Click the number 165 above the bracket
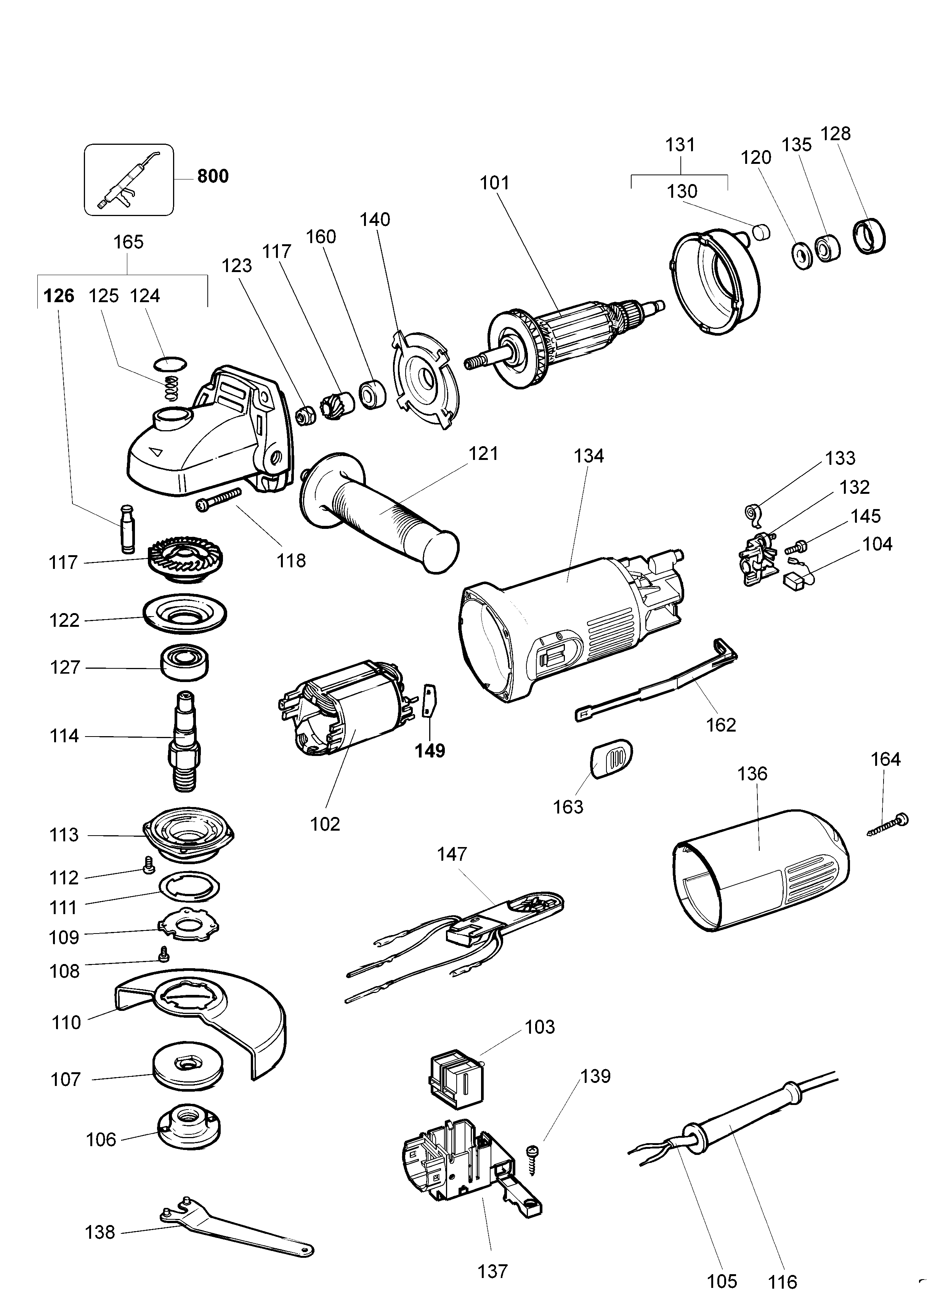128,242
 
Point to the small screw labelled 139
534,1160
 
